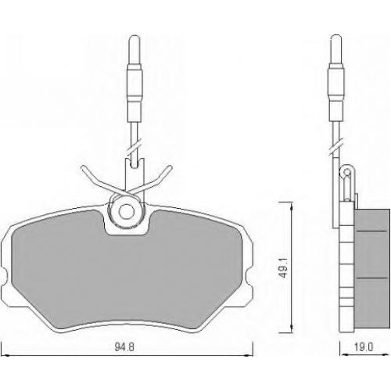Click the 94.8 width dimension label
tap(124, 347)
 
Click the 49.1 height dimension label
tap(284, 268)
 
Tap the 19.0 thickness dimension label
tap(364, 347)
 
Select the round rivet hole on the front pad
tap(127, 211)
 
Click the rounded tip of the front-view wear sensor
tap(135, 37)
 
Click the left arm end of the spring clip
tap(84, 169)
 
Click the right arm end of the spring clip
tap(170, 168)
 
